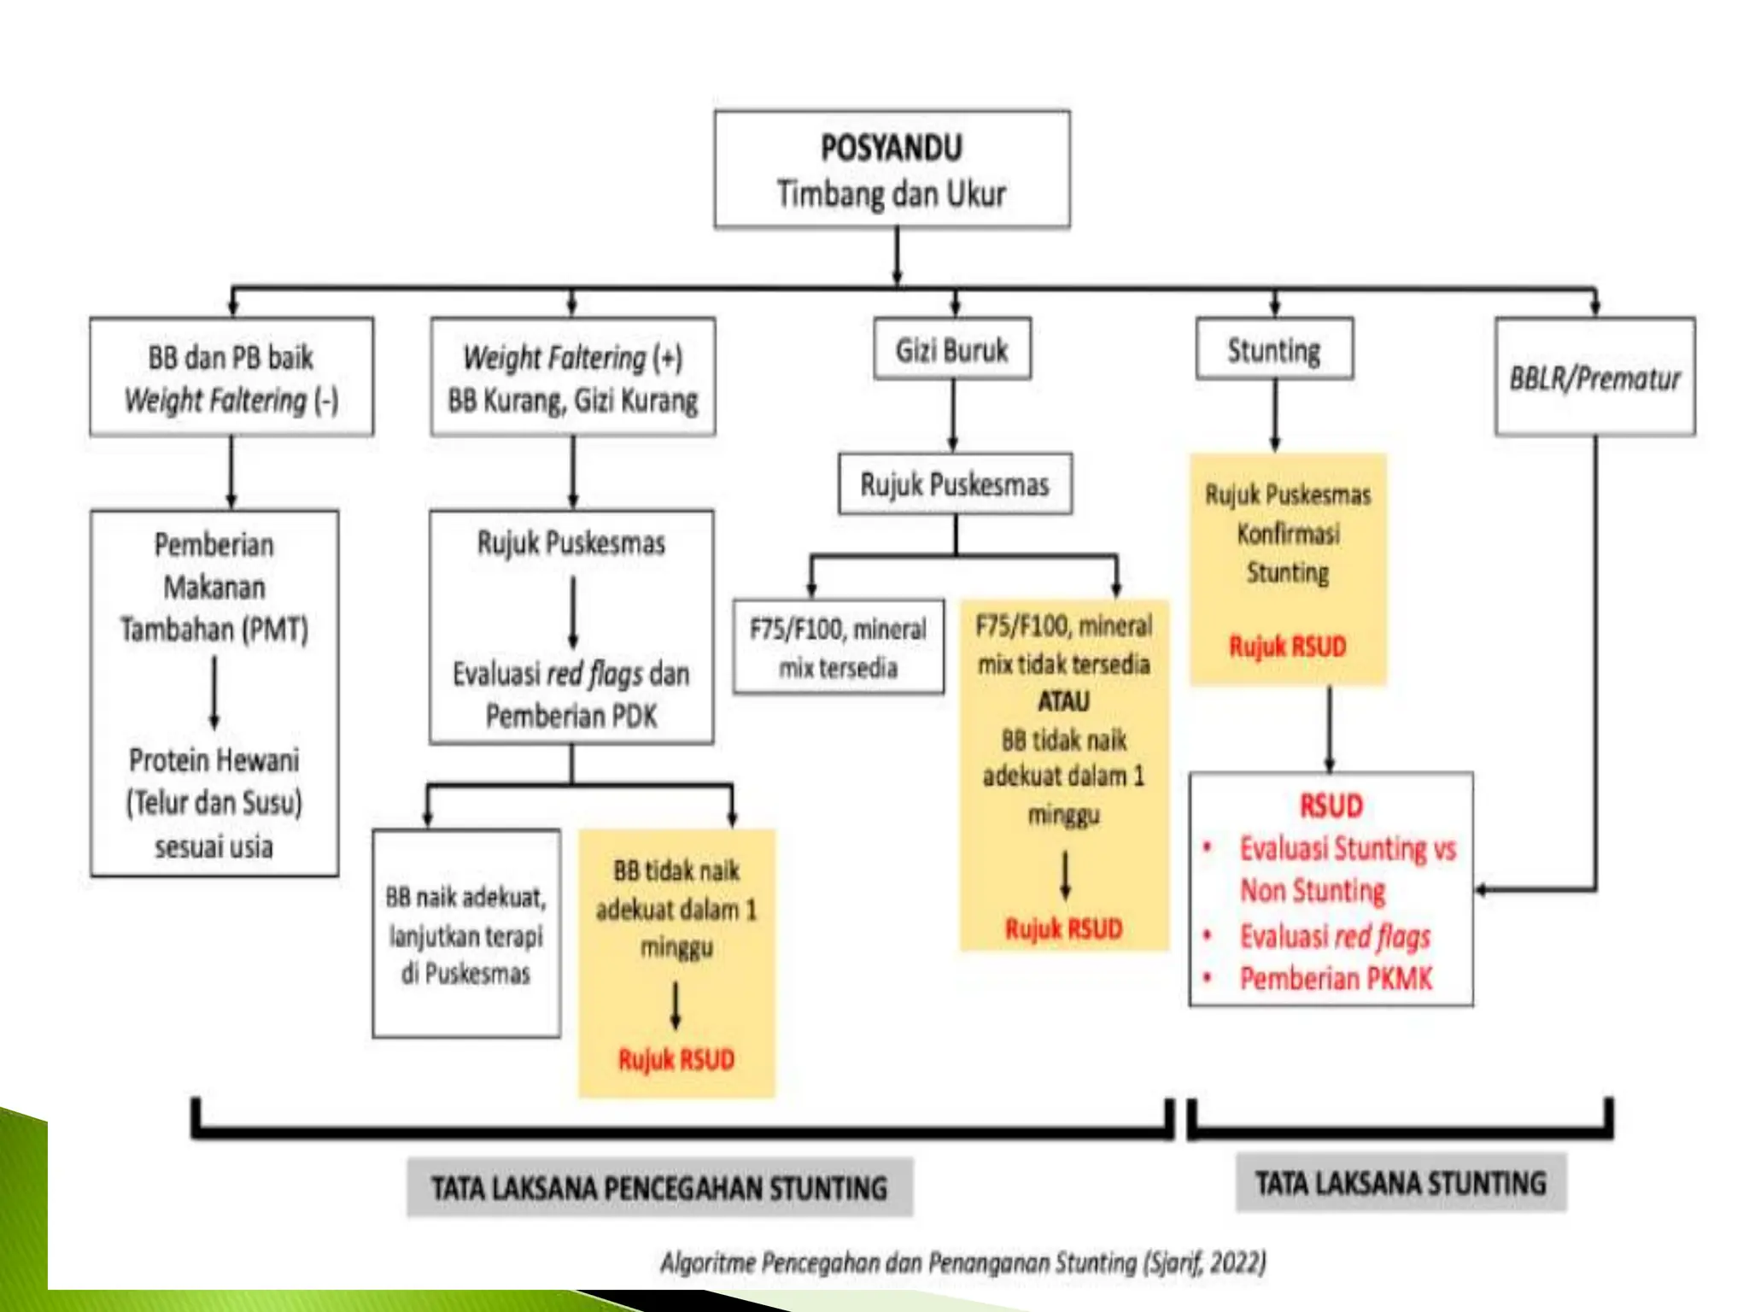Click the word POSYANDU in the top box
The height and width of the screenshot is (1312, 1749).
coord(891,148)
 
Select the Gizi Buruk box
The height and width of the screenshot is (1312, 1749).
coord(951,349)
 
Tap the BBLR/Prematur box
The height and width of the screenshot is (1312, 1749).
coord(1594,378)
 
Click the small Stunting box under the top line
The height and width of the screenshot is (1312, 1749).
coord(1273,349)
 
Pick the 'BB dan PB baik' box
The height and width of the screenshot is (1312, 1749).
coord(231,378)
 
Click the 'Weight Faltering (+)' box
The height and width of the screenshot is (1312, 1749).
coord(572,378)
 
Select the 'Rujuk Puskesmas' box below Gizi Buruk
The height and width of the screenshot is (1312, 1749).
coord(954,484)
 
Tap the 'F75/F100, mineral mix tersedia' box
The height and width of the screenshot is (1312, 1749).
coord(838,647)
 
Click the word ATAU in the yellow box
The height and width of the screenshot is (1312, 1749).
coord(1063,701)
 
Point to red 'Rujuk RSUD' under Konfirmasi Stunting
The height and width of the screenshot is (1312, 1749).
coord(1287,646)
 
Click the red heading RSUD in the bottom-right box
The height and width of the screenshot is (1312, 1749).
coord(1331,805)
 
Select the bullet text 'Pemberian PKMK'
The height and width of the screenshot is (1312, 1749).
coord(1336,978)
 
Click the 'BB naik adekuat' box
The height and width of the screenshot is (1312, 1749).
coord(466,934)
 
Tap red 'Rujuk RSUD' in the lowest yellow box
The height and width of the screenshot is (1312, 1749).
coord(676,1059)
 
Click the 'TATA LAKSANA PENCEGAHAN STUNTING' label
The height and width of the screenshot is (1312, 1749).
coord(659,1187)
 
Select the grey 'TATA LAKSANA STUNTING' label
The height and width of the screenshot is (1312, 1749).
coord(1401,1182)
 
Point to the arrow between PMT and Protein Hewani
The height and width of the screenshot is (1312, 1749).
coord(214,692)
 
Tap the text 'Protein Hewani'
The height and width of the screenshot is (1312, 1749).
coord(214,759)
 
